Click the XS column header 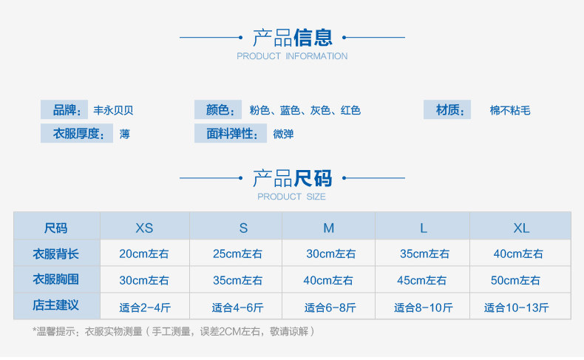(x=144, y=228)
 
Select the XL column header (x=521, y=228)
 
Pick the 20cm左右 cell (x=144, y=254)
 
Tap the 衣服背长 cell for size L (x=424, y=254)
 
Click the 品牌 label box (x=64, y=110)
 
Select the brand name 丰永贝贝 (x=113, y=111)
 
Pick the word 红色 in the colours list (x=350, y=111)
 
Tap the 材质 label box (x=447, y=110)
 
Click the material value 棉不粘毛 (x=510, y=111)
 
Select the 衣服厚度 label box (x=76, y=134)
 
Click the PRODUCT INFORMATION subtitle (x=292, y=56)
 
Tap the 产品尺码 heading (x=292, y=178)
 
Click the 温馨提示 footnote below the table (x=174, y=332)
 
